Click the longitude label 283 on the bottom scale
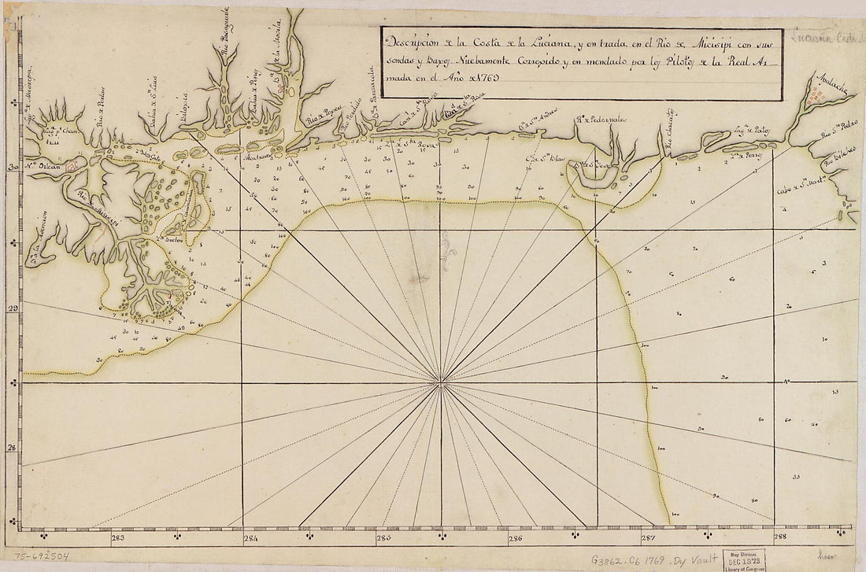[x=118, y=539]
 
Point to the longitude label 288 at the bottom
[x=780, y=539]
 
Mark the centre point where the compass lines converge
[x=442, y=383]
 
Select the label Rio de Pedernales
[x=600, y=121]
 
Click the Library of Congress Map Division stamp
[x=743, y=558]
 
